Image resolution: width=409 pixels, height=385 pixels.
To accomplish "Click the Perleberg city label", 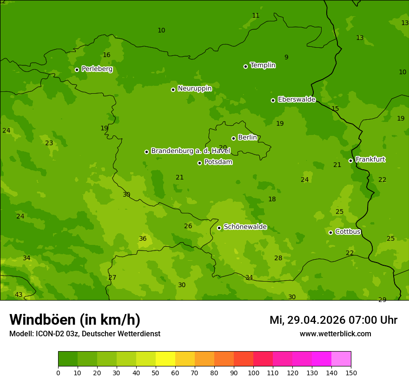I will click(97, 69).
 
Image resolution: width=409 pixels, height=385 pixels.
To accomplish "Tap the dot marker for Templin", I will click(245, 66).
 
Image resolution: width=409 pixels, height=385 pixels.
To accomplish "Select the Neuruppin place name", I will click(194, 89).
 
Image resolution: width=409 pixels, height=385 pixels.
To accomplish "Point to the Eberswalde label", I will click(297, 100).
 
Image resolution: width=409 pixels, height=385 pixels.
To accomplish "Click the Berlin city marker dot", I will click(233, 138).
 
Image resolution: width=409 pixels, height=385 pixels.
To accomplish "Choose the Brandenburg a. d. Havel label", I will click(191, 151).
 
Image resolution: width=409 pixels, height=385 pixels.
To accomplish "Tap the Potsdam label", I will click(218, 162).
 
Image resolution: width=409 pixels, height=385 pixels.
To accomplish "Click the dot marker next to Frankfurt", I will click(350, 160).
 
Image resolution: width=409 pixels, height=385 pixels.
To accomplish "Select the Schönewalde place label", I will click(245, 227).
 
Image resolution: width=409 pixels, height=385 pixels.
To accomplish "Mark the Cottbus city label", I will click(348, 231).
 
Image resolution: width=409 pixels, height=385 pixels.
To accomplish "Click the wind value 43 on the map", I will click(19, 295).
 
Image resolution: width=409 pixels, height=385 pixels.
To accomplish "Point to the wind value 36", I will click(143, 239).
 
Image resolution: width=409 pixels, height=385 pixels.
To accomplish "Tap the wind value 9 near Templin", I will click(286, 58).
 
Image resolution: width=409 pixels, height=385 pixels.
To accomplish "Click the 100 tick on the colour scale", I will click(253, 372).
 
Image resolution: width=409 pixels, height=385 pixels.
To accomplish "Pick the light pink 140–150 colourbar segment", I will click(341, 359).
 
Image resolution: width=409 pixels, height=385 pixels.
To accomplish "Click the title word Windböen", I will click(42, 320).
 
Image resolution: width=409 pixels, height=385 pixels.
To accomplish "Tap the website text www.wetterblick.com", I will click(335, 334).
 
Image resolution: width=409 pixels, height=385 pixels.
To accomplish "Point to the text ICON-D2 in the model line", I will click(50, 334).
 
